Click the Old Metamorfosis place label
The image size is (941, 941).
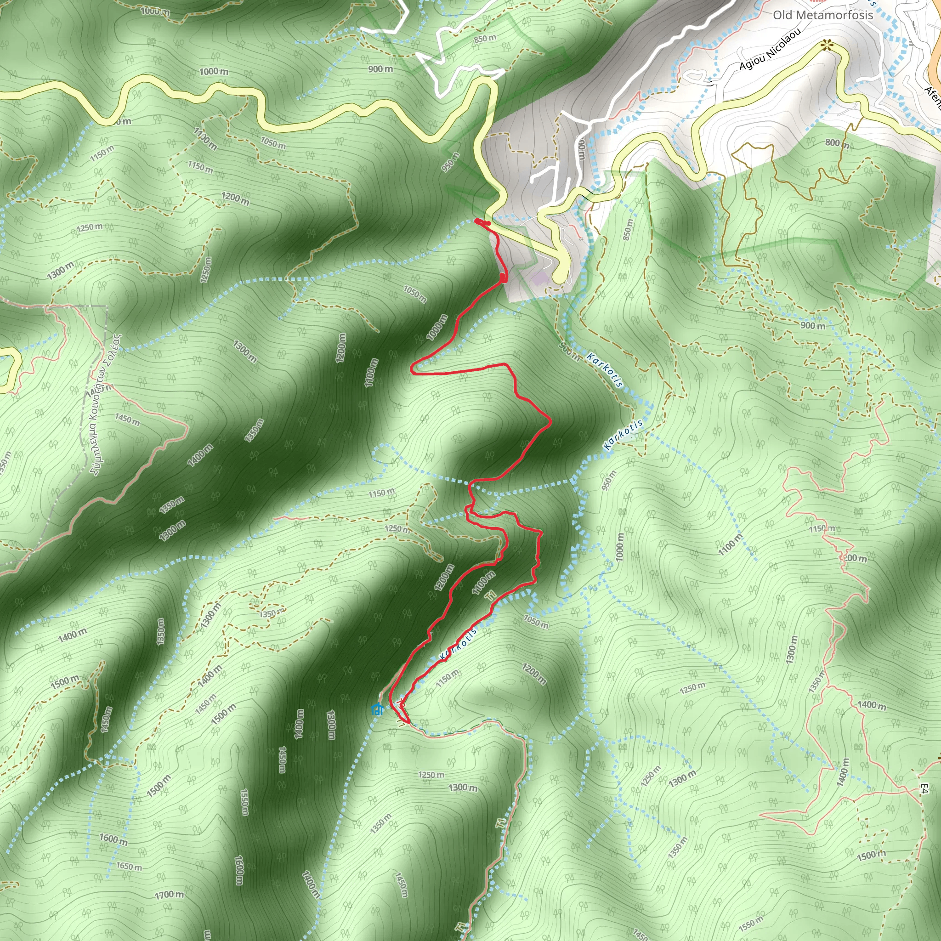click(822, 15)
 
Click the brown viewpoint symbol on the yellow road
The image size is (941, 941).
click(826, 46)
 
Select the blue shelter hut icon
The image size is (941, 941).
click(376, 709)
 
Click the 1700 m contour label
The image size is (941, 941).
click(169, 895)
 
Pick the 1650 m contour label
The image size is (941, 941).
click(129, 867)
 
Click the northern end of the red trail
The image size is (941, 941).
click(477, 221)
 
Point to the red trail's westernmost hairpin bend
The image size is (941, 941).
click(413, 368)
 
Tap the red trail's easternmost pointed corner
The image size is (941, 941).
click(551, 422)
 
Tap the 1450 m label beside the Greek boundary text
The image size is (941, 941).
click(127, 419)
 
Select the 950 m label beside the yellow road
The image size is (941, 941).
click(450, 162)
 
